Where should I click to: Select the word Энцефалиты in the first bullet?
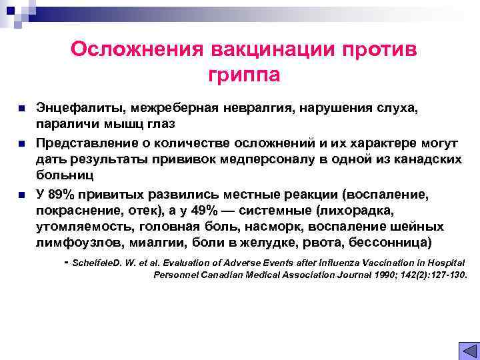pyautogui.click(x=81, y=108)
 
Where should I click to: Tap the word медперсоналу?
pyautogui.click(x=267, y=160)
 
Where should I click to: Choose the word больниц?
pyautogui.click(x=65, y=177)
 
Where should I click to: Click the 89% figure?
pyautogui.click(x=64, y=195)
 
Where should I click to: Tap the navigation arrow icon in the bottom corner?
pyautogui.click(x=469, y=349)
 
